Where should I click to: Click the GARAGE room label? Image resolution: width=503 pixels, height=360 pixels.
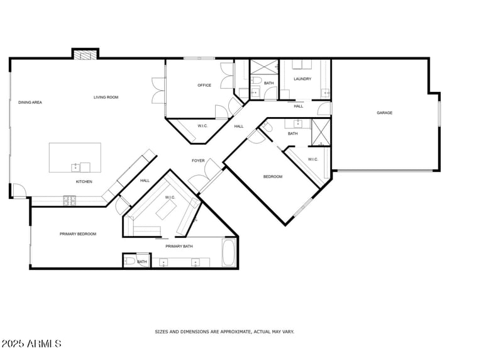pos(384,113)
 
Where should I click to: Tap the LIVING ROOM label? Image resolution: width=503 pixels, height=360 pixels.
pos(106,97)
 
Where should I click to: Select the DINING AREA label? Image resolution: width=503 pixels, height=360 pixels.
pos(30,102)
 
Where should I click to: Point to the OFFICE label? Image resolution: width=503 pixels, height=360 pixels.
pos(204,85)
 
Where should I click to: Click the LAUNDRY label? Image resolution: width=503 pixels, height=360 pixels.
pos(302,79)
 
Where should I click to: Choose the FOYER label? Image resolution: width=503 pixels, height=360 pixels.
pos(198,160)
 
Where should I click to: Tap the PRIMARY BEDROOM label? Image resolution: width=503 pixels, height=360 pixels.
pos(78,234)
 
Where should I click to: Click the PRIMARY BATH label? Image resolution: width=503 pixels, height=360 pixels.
pos(179,246)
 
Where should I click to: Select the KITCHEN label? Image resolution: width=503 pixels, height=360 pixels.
pos(84,182)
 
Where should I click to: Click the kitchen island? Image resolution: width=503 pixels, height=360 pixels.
pos(75,157)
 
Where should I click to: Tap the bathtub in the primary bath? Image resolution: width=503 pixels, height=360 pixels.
pos(229,253)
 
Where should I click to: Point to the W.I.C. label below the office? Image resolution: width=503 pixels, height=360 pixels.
pos(203,126)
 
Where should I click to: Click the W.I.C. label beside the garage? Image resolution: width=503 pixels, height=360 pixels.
pos(312,159)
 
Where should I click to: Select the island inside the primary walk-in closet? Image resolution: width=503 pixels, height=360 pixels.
pos(167,210)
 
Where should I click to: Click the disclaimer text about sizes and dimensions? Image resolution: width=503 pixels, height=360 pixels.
pos(224,331)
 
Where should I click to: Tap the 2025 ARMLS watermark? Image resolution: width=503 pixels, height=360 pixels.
pos(31,344)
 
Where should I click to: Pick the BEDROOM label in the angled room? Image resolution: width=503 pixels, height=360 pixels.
pos(272,176)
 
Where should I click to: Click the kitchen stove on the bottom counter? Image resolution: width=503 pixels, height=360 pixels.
pos(69,201)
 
